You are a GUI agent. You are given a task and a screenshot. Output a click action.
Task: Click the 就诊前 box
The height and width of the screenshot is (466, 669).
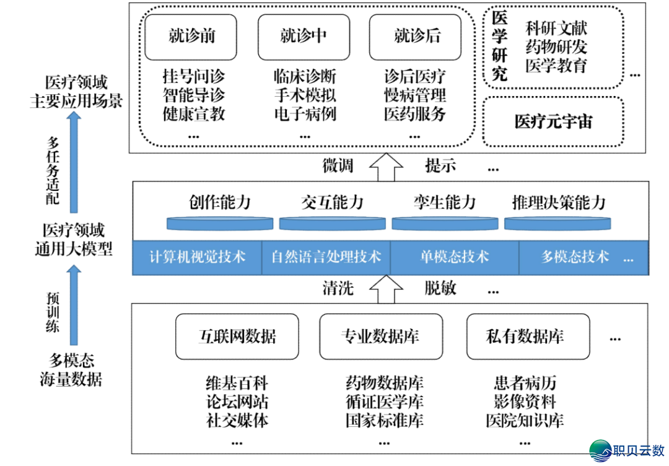tap(191, 37)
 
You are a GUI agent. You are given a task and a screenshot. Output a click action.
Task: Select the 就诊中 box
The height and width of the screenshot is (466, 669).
tap(304, 37)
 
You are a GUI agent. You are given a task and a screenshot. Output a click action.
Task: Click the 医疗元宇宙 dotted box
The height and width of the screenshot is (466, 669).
tap(553, 121)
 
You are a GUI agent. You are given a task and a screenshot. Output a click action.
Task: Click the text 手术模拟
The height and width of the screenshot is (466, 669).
tap(305, 95)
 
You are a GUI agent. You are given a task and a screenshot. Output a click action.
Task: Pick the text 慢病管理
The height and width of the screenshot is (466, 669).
tap(414, 95)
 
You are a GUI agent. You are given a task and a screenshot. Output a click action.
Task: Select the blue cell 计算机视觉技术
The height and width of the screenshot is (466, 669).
tap(198, 257)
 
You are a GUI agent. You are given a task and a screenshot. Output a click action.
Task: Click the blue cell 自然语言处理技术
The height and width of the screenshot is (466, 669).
tap(326, 257)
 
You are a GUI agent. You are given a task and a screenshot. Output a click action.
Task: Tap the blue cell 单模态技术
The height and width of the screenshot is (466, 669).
tap(454, 257)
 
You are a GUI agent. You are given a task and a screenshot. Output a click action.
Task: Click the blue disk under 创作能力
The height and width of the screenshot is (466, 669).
tap(220, 223)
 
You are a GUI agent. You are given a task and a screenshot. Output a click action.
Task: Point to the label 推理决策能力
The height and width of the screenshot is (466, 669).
tap(558, 203)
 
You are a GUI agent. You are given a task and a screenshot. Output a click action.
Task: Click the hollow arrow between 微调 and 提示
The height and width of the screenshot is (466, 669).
tap(386, 166)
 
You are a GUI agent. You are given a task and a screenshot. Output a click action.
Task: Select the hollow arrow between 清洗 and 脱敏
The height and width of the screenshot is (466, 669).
tap(386, 288)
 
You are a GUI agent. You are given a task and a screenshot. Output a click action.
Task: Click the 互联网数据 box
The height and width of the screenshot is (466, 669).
tap(237, 336)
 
